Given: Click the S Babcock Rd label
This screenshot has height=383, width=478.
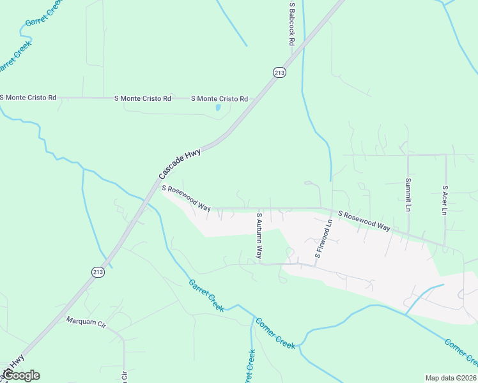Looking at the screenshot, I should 291,24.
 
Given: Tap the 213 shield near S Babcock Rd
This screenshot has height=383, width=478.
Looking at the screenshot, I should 279,72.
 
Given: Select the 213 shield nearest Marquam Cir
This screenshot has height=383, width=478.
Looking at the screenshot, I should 98,272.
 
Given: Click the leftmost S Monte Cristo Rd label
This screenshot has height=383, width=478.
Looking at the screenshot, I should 28,98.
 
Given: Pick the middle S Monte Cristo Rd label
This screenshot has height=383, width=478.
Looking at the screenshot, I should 143,98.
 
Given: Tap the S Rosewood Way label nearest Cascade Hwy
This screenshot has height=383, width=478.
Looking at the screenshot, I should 186,199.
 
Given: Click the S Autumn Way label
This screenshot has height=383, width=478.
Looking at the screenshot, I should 259,235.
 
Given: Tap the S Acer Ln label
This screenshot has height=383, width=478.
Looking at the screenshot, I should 445,200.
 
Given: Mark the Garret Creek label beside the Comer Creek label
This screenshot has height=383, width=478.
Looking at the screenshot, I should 206,296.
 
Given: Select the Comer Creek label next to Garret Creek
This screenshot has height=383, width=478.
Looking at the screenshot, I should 275,333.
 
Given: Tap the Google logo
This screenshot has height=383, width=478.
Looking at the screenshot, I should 20,375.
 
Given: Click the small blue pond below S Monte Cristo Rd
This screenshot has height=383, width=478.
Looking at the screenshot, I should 218,107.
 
